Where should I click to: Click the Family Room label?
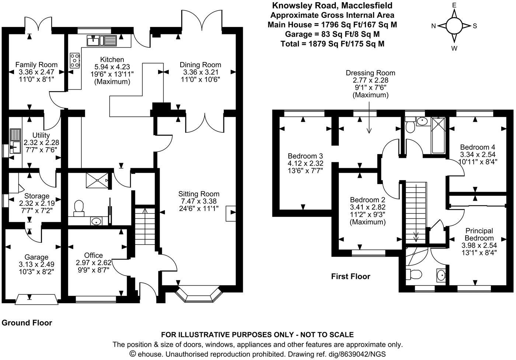pyautogui.click(x=36, y=65)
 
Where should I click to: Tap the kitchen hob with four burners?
pyautogui.click(x=75, y=60)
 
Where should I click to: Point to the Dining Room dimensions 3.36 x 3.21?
pyautogui.click(x=200, y=72)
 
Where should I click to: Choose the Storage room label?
pyautogui.click(x=36, y=196)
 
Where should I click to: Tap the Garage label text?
pyautogui.click(x=36, y=257)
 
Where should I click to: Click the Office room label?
pyautogui.click(x=93, y=255)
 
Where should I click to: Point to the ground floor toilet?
pyautogui.click(x=79, y=207)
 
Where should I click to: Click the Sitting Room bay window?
pyautogui.click(x=199, y=294)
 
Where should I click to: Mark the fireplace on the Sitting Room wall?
pyautogui.click(x=231, y=213)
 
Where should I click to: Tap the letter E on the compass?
pyautogui.click(x=454, y=5)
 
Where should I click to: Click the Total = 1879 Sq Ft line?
pyautogui.click(x=332, y=44)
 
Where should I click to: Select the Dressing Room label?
pyautogui.click(x=370, y=73)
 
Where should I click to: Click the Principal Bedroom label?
pyautogui.click(x=479, y=234)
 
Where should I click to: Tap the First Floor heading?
pyautogui.click(x=350, y=276)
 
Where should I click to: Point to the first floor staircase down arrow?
pyautogui.click(x=416, y=236)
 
